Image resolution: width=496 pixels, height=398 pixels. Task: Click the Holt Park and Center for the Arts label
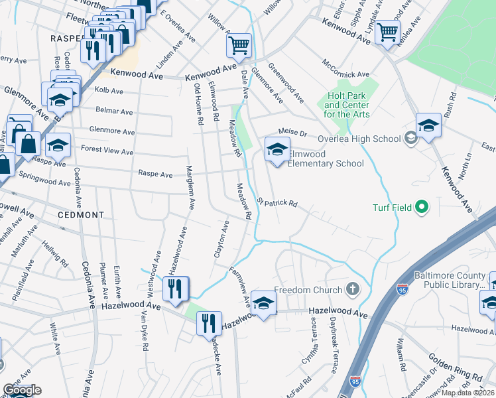coord(351,105)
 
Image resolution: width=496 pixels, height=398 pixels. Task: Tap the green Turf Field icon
coord(421,208)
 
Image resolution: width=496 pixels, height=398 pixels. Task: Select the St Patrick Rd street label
coord(277,202)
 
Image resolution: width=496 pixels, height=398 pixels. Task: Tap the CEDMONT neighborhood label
coord(80,215)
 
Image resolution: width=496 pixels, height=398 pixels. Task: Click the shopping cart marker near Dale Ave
coord(239,46)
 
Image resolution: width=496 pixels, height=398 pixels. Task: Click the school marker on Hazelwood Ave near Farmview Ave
coord(264,303)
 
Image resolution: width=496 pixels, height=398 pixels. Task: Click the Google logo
coord(21,390)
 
